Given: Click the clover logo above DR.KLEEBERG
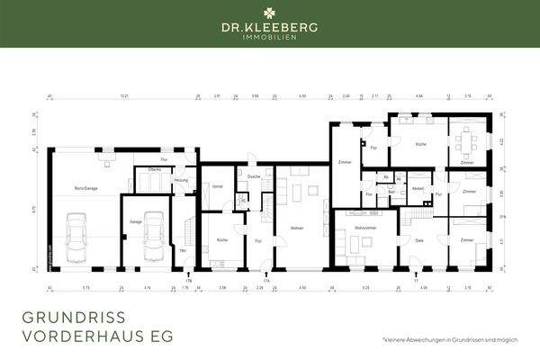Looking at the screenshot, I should coord(270,14).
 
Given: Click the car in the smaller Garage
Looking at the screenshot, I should coord(154,236).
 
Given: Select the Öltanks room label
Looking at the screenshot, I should coord(153,170).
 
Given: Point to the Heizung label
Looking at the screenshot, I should coord(181,181).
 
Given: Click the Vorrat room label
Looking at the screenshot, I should coord(217,185).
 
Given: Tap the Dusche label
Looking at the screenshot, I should coord(254,176).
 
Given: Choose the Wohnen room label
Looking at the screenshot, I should coord(297,229).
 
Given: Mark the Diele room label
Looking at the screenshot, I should coord(418,240).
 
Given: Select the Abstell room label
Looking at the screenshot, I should coord(417,188).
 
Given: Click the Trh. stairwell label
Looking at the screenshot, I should coord(183,249).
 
